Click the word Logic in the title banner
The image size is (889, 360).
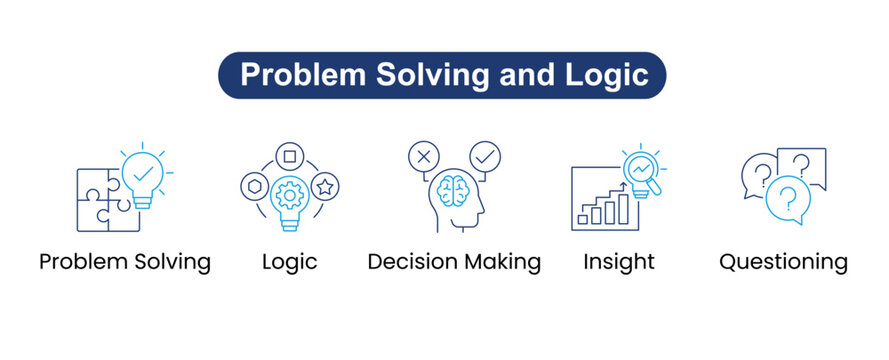coord(603,75)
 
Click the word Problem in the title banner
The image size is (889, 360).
coord(290,75)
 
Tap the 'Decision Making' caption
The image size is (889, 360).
coord(454,262)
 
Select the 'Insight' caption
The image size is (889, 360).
coord(619,262)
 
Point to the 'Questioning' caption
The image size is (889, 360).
coord(783,262)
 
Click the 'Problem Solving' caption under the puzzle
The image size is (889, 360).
coord(125,262)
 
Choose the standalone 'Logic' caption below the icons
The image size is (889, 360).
coord(289,262)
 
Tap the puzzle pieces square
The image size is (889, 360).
coord(104,200)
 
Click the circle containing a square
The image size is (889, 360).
coord(289,156)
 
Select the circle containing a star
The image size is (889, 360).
coord(324,186)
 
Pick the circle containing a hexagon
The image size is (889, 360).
coord(254,186)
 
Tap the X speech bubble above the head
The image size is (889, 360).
coord(424,157)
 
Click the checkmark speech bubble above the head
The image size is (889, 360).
coord(486,157)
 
